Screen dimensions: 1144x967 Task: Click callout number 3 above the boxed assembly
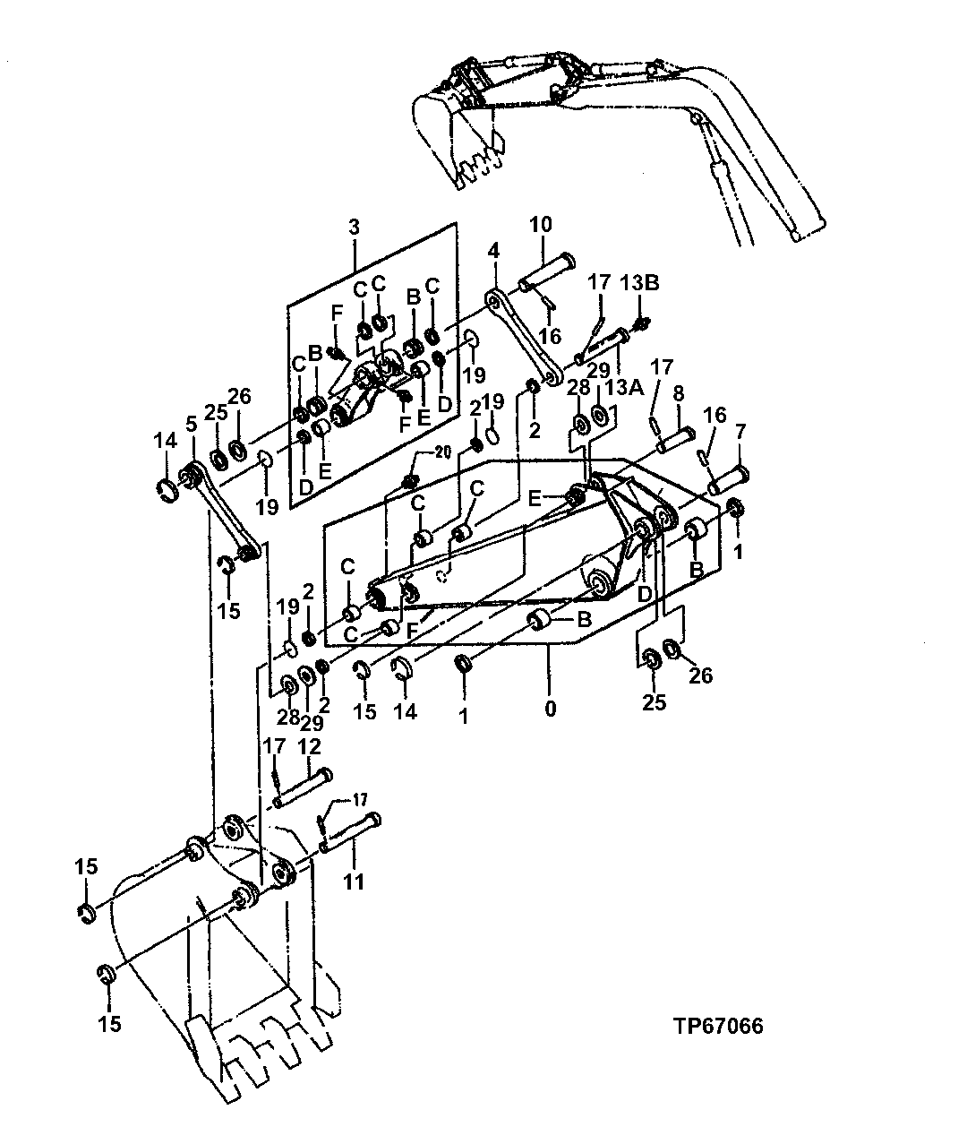point(354,227)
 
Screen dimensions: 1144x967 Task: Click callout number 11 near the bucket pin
point(354,882)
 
